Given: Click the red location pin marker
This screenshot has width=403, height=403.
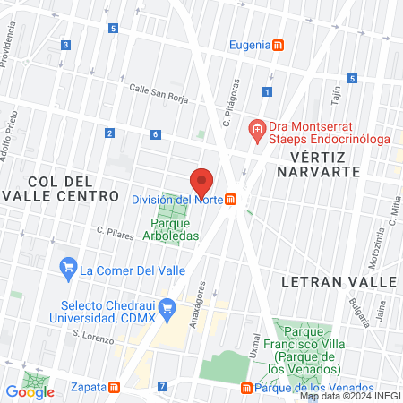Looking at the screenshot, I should (202, 182).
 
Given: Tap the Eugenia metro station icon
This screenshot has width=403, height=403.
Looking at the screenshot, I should (279, 45).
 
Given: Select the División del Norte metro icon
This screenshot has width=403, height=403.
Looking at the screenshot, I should (231, 199).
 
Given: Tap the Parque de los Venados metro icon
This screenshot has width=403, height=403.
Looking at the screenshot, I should (246, 388).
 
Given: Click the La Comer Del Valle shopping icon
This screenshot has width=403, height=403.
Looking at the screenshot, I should (66, 267).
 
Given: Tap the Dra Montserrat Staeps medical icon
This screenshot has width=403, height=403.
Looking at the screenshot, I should (256, 129).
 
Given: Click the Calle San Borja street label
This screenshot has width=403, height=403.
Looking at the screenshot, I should (158, 89).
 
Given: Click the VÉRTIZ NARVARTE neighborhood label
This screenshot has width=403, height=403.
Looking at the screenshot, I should (328, 165).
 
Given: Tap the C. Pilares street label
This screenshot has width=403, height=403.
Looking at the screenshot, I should (115, 230).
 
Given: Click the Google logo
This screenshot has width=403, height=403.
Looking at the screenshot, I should (30, 391).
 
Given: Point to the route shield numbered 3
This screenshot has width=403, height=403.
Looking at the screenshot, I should (65, 45).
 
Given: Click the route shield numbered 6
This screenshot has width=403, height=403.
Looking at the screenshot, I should (155, 134).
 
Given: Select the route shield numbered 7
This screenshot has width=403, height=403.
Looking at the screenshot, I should (161, 387).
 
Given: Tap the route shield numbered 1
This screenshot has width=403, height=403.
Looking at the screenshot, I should (267, 91).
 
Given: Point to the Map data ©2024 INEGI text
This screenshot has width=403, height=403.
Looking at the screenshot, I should (349, 396).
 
